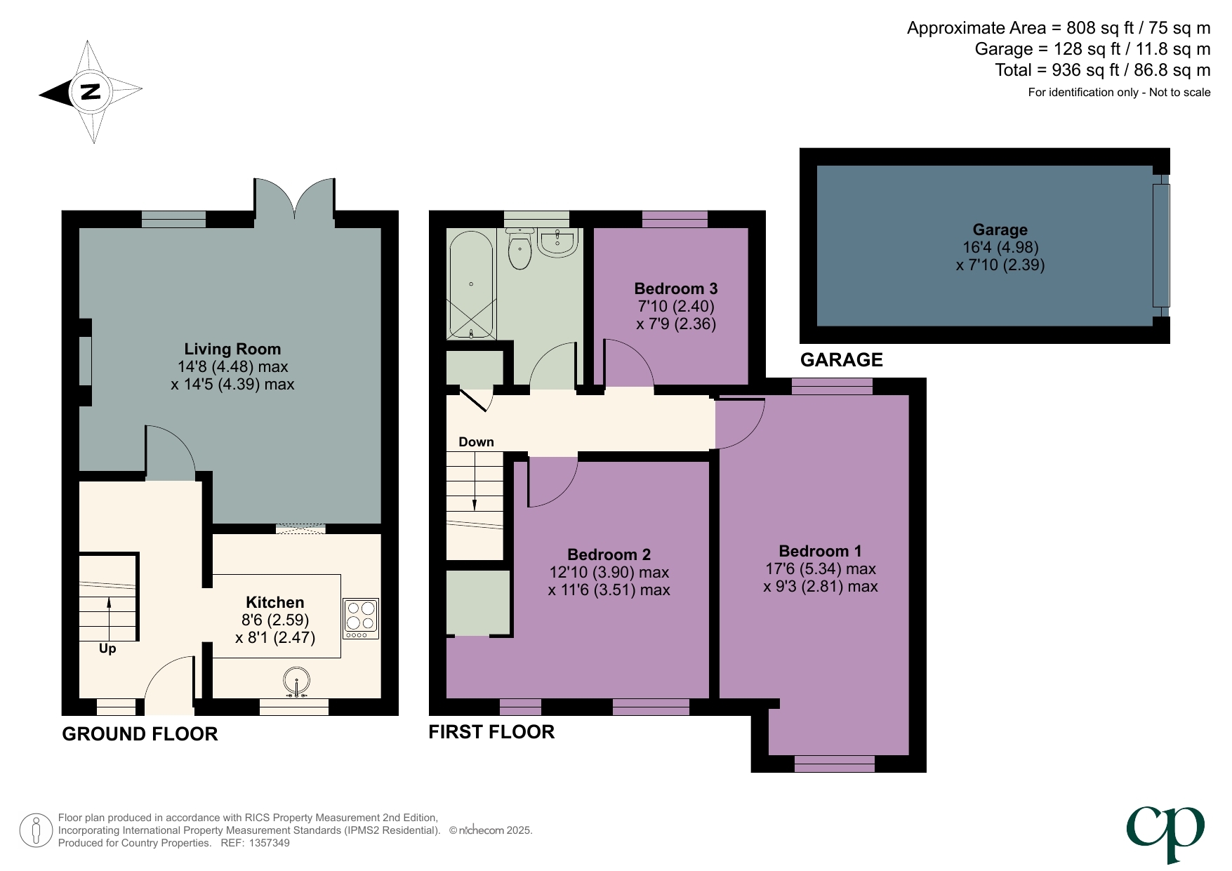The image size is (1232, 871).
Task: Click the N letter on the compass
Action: click(x=90, y=91)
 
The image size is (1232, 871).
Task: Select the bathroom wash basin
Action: click(x=558, y=243)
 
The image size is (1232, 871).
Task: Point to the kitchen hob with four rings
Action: click(x=361, y=618)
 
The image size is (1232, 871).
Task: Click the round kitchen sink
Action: click(x=297, y=681)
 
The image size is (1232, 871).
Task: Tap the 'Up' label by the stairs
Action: click(x=107, y=649)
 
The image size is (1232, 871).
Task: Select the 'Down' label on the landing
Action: click(x=476, y=441)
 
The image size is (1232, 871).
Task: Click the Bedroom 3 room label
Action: click(x=675, y=288)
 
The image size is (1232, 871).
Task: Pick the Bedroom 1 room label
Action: click(x=820, y=551)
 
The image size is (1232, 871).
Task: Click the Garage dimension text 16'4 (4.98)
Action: click(x=1000, y=247)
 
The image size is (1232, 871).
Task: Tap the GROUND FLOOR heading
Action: click(x=140, y=734)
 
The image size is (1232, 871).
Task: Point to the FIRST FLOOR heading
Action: click(x=491, y=732)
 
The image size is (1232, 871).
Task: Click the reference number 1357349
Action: click(x=269, y=843)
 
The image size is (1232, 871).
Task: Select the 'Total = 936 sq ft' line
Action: click(x=1102, y=70)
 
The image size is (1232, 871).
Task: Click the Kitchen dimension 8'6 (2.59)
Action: click(x=275, y=620)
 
